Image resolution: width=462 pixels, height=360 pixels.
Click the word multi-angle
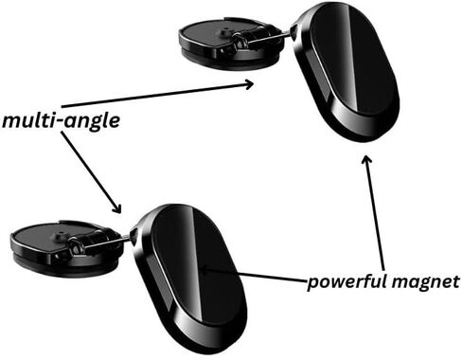click(x=61, y=121)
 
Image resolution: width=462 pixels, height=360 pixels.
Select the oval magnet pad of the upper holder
click(x=346, y=71)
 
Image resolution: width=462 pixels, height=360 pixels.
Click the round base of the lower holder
click(x=64, y=247)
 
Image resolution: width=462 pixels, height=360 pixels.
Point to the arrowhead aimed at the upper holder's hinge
click(x=249, y=84)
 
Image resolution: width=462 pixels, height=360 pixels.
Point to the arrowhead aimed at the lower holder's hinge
click(x=116, y=207)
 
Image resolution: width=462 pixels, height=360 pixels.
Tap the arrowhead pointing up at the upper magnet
click(x=366, y=159)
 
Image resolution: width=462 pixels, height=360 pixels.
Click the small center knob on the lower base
click(x=61, y=234)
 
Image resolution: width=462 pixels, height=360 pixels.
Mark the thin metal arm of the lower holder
click(x=107, y=241)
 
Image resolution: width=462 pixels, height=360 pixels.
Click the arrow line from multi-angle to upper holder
click(x=157, y=95)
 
